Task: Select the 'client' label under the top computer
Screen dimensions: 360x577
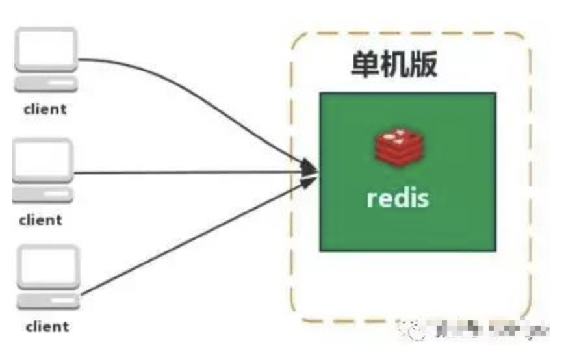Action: (x=45, y=109)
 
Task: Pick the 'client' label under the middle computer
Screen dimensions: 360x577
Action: (x=41, y=220)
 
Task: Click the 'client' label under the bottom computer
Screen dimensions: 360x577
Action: (x=47, y=326)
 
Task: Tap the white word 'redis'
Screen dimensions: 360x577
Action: (x=398, y=197)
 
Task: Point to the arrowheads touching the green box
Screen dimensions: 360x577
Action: (x=311, y=172)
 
